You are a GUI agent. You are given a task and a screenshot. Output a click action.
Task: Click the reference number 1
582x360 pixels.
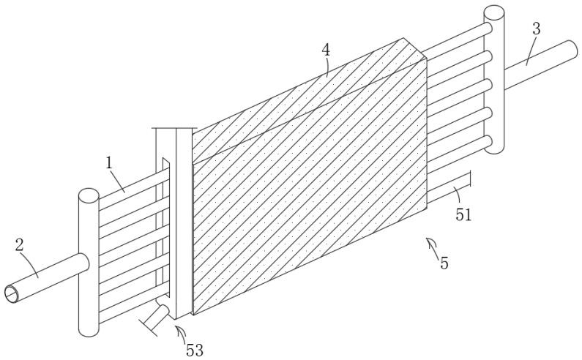[x=109, y=164]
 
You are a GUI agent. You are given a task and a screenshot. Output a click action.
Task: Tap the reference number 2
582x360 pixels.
[x=20, y=245]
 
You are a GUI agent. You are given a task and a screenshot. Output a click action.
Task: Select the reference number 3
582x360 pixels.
[x=536, y=29]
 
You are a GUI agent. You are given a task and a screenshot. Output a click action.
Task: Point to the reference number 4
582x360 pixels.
[x=326, y=50]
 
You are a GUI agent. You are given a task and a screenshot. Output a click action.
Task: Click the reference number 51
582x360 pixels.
[x=463, y=214]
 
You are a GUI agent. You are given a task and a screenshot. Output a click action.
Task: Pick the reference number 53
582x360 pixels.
[x=195, y=350]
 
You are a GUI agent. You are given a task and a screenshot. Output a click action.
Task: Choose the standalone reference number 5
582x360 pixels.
[x=444, y=263]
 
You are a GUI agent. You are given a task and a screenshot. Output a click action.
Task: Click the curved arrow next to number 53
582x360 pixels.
[x=182, y=334]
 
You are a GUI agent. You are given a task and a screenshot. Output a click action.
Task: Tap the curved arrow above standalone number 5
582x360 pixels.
[x=432, y=246]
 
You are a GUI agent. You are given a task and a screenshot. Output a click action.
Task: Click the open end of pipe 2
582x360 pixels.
[x=12, y=294]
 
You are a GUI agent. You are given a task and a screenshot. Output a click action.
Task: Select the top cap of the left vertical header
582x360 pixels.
[x=89, y=195]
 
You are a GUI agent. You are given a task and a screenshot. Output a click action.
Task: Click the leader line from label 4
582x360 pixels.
[x=327, y=67]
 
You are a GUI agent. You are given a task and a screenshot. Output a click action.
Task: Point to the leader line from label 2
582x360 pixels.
[x=29, y=264]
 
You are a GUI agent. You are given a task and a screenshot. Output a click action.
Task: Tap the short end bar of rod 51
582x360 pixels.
[x=470, y=179]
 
